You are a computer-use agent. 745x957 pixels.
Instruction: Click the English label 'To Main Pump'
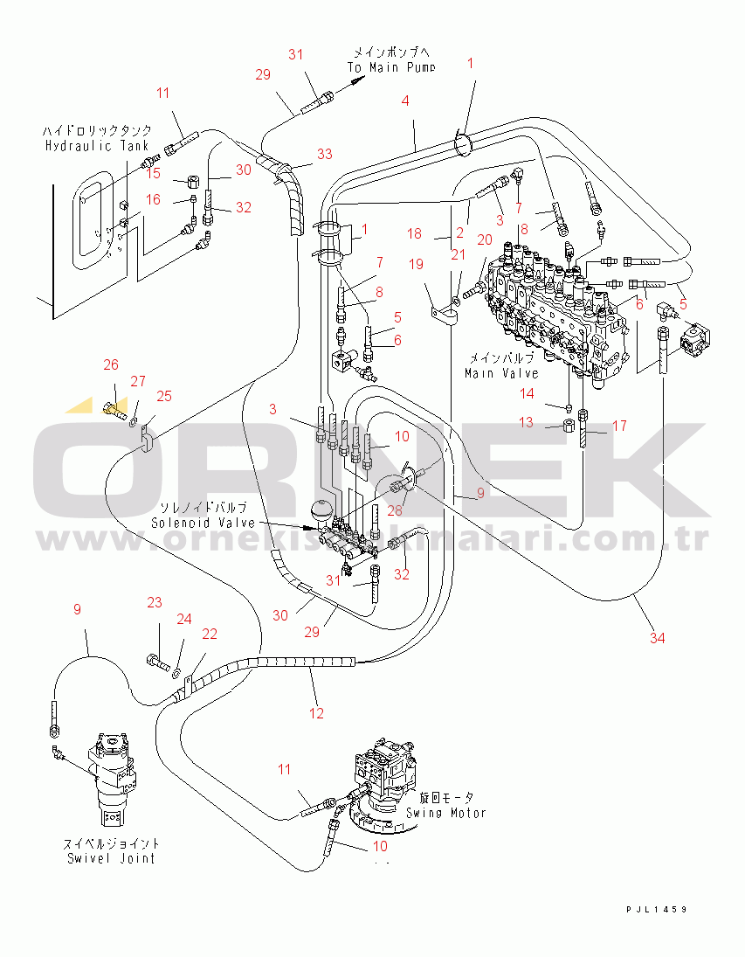click(391, 67)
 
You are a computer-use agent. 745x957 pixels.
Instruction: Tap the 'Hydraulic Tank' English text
click(97, 145)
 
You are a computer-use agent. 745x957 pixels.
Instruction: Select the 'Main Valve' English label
click(503, 372)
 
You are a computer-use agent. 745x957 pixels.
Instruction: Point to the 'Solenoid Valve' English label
click(203, 522)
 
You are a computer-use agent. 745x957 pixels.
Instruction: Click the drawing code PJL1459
click(657, 910)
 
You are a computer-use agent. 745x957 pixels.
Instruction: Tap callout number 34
click(657, 638)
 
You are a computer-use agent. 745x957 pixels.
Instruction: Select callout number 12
click(316, 713)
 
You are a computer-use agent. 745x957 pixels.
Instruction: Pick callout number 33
click(324, 155)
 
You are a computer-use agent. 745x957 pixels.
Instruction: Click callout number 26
click(110, 365)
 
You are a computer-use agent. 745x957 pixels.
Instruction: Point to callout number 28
click(395, 510)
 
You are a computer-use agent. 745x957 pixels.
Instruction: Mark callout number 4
click(404, 101)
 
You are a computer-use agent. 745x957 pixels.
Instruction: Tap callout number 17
click(619, 426)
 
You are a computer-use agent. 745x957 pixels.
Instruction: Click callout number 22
click(210, 635)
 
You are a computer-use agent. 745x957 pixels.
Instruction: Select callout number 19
click(416, 264)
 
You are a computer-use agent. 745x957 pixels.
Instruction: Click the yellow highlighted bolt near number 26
click(114, 408)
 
